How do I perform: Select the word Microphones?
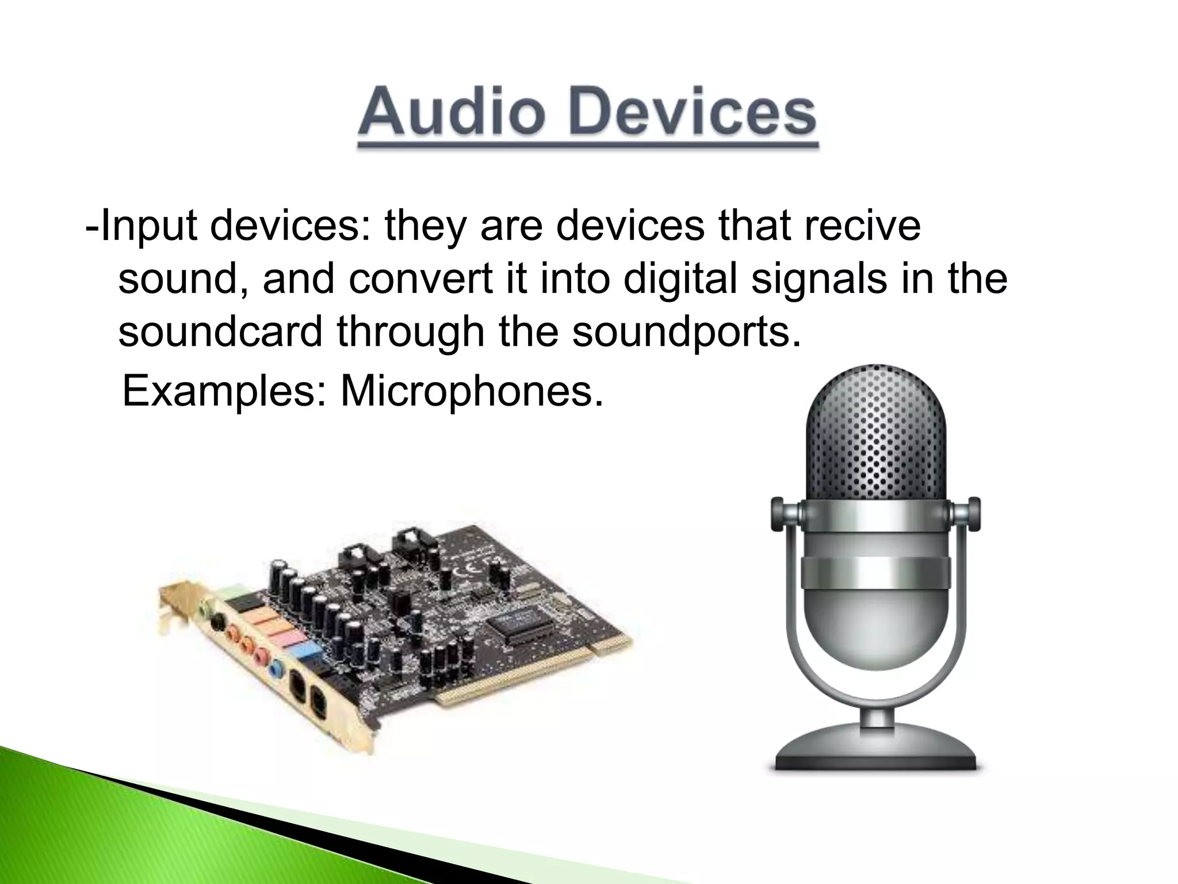click(x=472, y=391)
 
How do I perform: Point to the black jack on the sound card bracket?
click(x=218, y=622)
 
